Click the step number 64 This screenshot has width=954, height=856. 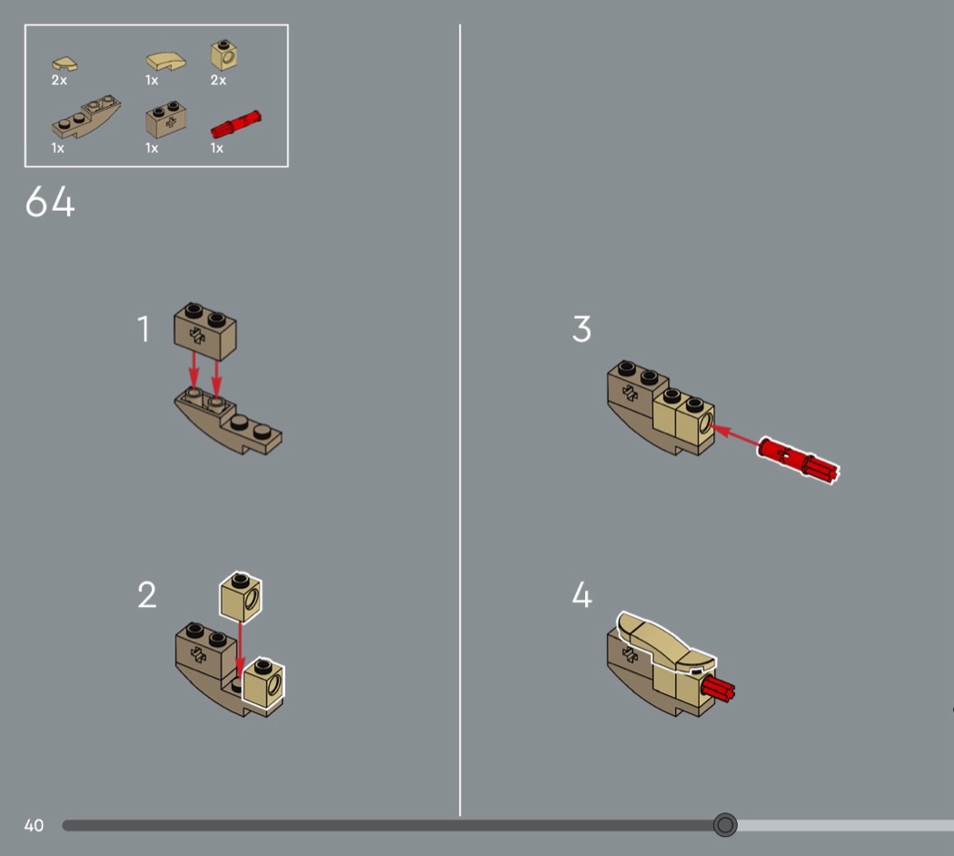tap(50, 202)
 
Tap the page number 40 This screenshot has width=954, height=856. tap(34, 826)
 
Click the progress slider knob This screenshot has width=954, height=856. tap(725, 825)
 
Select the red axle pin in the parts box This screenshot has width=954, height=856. tap(236, 124)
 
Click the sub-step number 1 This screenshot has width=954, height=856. tap(144, 329)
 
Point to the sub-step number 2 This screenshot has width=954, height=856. tap(146, 594)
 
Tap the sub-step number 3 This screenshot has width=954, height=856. tap(581, 329)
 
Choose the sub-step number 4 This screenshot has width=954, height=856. tap(581, 594)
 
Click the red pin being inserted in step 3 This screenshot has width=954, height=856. tap(799, 461)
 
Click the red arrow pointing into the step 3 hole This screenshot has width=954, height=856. tap(735, 435)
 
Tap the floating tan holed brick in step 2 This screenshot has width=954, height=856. tap(241, 596)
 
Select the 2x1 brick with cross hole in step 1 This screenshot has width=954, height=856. tap(205, 331)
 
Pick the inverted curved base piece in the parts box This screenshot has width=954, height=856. tap(85, 117)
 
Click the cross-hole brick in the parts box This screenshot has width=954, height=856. tap(166, 120)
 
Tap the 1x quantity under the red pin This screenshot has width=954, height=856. tap(216, 148)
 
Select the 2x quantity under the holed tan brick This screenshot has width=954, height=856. tap(218, 80)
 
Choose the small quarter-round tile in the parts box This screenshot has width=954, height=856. tap(65, 64)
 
